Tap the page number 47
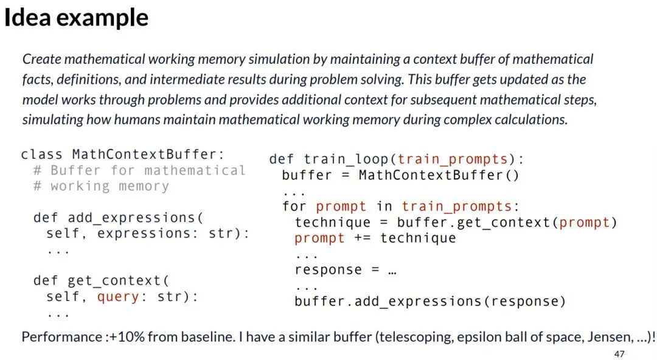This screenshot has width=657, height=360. pyautogui.click(x=619, y=354)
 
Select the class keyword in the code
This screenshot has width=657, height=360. pyautogui.click(x=41, y=154)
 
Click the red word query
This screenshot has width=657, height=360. pyautogui.click(x=118, y=297)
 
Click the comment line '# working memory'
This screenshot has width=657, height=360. pyautogui.click(x=101, y=186)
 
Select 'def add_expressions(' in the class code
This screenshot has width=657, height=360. pyautogui.click(x=118, y=218)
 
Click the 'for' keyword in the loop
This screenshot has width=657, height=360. pyautogui.click(x=294, y=206)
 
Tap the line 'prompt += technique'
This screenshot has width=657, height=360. pyautogui.click(x=375, y=238)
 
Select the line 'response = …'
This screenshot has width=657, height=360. pyautogui.click(x=346, y=269)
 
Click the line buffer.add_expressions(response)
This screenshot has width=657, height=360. pyautogui.click(x=430, y=301)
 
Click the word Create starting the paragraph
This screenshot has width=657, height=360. pyautogui.click(x=41, y=59)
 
